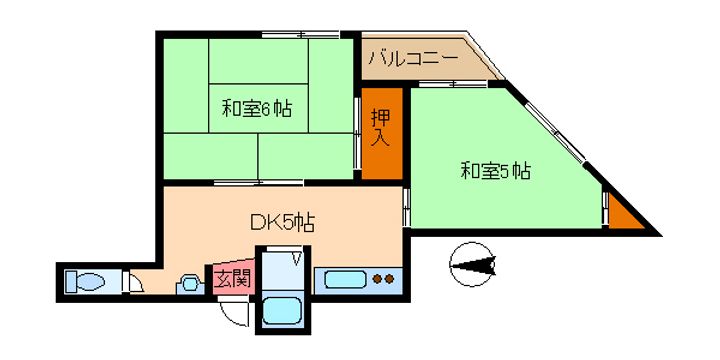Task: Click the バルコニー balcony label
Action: pos(412,60)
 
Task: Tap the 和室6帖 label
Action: pos(257,107)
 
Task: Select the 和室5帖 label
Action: pos(495,171)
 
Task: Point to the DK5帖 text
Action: pos(283,222)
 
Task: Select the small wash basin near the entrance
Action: pos(187,284)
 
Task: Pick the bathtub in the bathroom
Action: pos(282,312)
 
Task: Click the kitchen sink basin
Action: pos(343,279)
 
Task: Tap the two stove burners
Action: pos(383,280)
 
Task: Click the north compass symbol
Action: pos(474,264)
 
